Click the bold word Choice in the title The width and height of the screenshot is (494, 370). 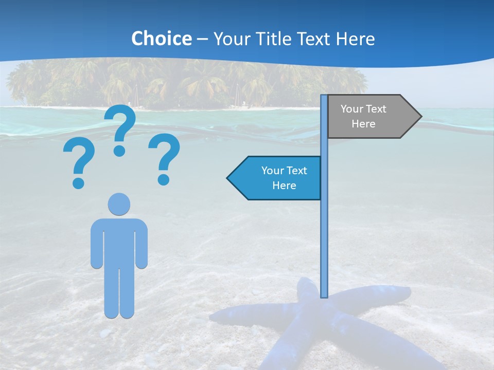(161, 39)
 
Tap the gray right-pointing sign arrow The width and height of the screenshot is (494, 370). (370, 117)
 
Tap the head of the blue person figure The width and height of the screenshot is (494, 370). (119, 204)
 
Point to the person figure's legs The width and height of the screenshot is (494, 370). (119, 293)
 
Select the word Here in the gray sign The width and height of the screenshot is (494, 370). (363, 124)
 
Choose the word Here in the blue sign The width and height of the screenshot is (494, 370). (284, 186)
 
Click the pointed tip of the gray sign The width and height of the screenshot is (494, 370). (420, 117)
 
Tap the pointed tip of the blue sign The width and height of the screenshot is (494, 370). (228, 178)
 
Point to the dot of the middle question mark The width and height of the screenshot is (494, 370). (120, 151)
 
